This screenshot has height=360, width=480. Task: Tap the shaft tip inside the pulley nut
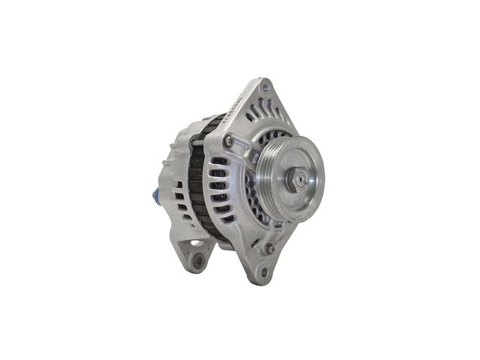pos(299,178)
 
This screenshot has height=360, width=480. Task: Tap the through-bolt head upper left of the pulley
pos(227,140)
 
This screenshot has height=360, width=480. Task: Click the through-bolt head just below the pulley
pos(268,247)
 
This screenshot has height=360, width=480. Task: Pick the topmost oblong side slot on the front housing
pos(218,160)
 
